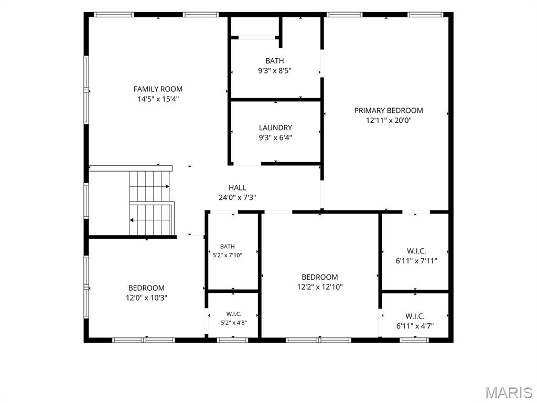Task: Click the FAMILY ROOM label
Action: coord(158,89)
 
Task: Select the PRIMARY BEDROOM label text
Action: coord(389,110)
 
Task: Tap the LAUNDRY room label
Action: coord(275,128)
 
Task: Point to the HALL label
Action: coord(238,187)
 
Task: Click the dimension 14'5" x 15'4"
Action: coord(158,99)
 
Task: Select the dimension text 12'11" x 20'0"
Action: coord(389,120)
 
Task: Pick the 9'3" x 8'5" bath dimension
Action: coord(275,71)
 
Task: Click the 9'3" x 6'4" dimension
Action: coord(275,138)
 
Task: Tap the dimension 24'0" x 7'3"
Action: coord(238,197)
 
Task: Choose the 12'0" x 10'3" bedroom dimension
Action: coord(146,298)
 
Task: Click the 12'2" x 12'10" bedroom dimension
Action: coord(320,287)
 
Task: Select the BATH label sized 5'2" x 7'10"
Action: coord(228,247)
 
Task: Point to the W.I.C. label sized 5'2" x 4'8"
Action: coord(233,314)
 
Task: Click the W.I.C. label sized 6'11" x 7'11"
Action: coord(416,251)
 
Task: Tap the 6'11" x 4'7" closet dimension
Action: coord(415,326)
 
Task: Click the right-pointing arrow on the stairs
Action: coord(149,186)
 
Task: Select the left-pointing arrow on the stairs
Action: coord(149,220)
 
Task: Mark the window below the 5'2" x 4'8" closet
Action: coord(232,340)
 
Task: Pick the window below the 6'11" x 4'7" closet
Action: coord(414,340)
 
